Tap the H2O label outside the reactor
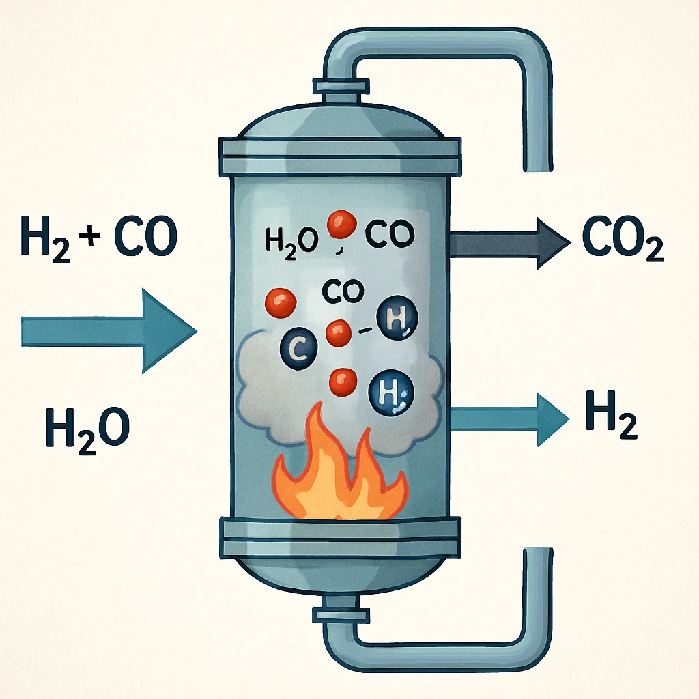(x=87, y=425)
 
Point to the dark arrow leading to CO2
(x=509, y=243)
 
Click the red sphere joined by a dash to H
(x=338, y=334)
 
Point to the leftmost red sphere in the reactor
(x=279, y=301)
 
